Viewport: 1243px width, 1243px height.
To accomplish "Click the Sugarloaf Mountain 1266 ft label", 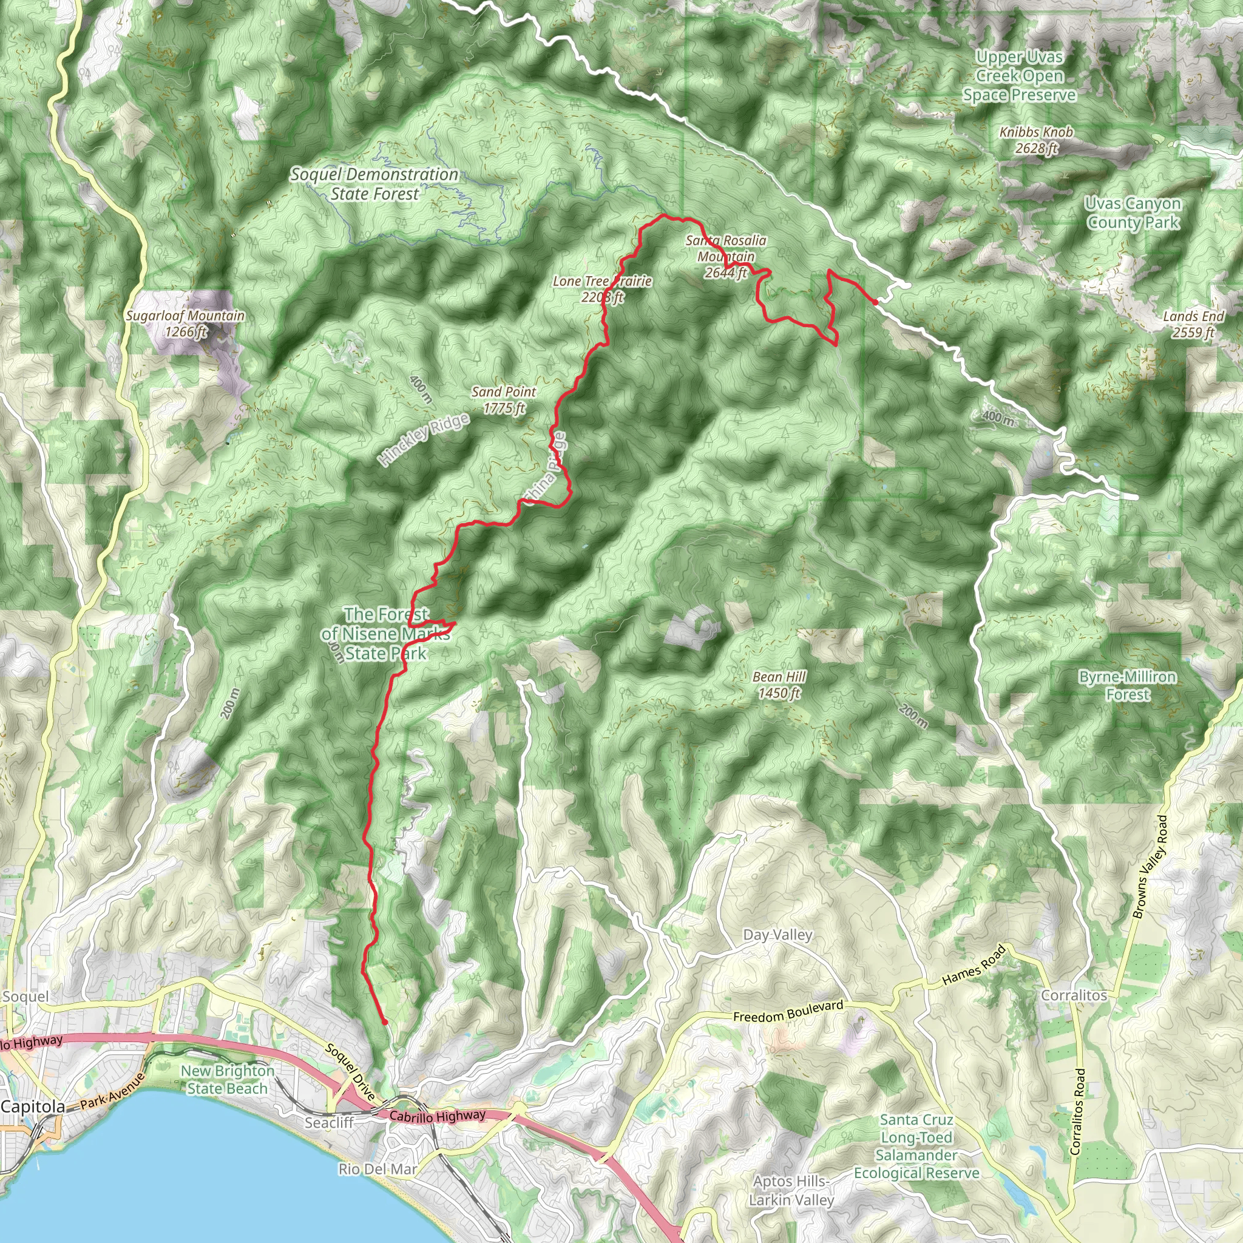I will pyautogui.click(x=185, y=323).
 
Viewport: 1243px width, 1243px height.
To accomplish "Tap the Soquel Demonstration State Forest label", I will pyautogui.click(x=374, y=184).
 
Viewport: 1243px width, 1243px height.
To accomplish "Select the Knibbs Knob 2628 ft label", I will pyautogui.click(x=1036, y=140).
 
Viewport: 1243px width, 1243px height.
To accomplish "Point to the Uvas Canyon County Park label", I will pyautogui.click(x=1133, y=213).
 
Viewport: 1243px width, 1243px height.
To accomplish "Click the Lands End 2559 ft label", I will pyautogui.click(x=1193, y=324).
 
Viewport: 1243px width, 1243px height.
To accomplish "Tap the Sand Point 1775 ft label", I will pyautogui.click(x=504, y=399).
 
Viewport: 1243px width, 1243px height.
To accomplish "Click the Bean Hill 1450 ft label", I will pyautogui.click(x=779, y=685).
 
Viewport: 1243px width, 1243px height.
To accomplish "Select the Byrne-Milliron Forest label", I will pyautogui.click(x=1127, y=685).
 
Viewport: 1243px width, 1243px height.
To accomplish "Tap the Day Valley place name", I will pyautogui.click(x=777, y=935).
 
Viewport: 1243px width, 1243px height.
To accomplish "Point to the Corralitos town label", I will pyautogui.click(x=1074, y=995).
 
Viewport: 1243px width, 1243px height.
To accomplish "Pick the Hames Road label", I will pyautogui.click(x=974, y=965).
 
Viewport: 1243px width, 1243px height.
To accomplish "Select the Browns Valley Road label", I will pyautogui.click(x=1149, y=867).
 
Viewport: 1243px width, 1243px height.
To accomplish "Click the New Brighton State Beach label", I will pyautogui.click(x=227, y=1080).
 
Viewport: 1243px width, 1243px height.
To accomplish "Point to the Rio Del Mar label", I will pyautogui.click(x=378, y=1168).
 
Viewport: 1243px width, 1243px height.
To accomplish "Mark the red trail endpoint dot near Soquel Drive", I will pyautogui.click(x=385, y=1021).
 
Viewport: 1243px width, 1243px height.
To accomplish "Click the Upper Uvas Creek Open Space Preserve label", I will pyautogui.click(x=1019, y=76).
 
